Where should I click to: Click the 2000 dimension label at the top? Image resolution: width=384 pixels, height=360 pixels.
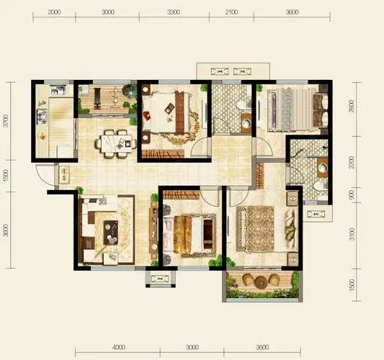point(54,12)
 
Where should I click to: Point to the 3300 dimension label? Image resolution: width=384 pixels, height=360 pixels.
point(174,12)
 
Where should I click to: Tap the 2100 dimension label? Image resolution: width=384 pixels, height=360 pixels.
point(231,12)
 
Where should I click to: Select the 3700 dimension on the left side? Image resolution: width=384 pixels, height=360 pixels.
point(6,121)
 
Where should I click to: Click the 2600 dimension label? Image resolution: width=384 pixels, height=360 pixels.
point(352,106)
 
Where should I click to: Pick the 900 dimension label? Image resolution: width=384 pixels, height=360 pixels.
point(352,195)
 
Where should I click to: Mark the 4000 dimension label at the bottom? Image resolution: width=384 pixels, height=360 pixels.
point(119,347)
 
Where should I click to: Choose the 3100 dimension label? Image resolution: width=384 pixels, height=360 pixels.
point(352,234)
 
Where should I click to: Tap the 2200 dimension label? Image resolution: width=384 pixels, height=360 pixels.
point(352,162)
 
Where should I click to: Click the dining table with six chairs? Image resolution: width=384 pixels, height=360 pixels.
point(116,144)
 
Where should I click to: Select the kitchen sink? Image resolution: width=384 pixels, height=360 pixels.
point(58,90)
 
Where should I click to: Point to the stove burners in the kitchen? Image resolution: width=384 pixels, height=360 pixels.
point(42,116)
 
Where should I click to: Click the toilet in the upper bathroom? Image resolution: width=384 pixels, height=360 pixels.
point(243,104)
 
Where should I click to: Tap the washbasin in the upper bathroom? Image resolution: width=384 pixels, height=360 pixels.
point(246,123)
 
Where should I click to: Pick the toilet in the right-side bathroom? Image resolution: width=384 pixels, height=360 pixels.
point(321,186)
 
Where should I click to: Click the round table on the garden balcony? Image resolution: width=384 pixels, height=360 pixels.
point(261,282)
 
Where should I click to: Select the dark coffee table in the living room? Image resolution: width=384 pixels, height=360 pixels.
point(110,233)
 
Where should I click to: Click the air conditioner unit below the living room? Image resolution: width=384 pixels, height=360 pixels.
point(161,279)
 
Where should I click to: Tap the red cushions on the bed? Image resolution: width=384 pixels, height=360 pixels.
point(147,115)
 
